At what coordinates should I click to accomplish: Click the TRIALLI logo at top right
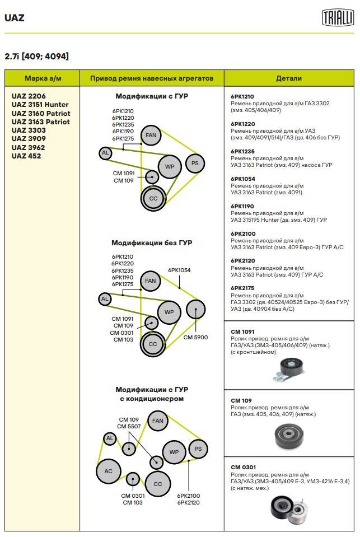click(x=338, y=17)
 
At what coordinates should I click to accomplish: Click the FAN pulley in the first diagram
click(x=151, y=135)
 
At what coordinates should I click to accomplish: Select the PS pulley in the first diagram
click(x=195, y=164)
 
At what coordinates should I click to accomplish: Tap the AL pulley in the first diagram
click(x=105, y=152)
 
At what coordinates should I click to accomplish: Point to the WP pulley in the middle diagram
click(x=169, y=312)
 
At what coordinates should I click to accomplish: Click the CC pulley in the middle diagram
click(x=153, y=344)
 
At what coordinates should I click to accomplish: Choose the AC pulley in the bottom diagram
click(x=109, y=471)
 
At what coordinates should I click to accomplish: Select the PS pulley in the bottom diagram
click(x=198, y=449)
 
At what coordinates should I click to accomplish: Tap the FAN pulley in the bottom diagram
click(x=158, y=421)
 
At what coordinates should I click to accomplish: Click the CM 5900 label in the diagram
click(x=195, y=338)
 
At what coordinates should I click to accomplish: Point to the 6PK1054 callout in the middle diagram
click(x=179, y=270)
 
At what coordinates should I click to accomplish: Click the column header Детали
click(x=289, y=78)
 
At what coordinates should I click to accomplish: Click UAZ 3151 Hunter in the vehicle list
click(x=40, y=105)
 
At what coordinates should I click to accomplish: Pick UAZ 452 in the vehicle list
click(x=26, y=156)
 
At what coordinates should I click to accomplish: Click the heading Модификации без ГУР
click(x=152, y=243)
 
